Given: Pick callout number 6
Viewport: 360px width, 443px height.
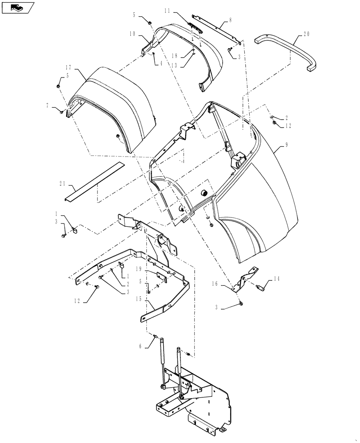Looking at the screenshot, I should point(141,347).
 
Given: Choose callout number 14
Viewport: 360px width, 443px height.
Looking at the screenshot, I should point(277,279).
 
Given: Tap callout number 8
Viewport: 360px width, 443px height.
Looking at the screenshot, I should point(230,20).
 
